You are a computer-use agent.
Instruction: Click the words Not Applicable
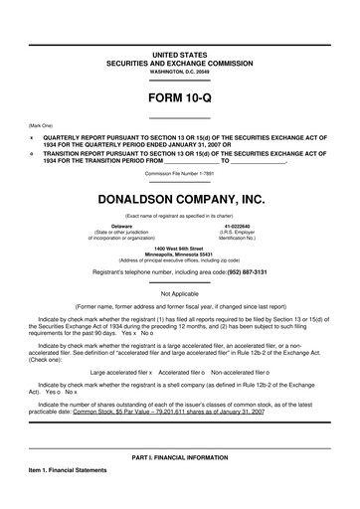click(x=180, y=293)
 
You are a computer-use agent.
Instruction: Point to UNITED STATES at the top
click(x=180, y=49)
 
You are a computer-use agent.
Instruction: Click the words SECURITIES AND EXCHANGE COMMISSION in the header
click(x=180, y=60)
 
